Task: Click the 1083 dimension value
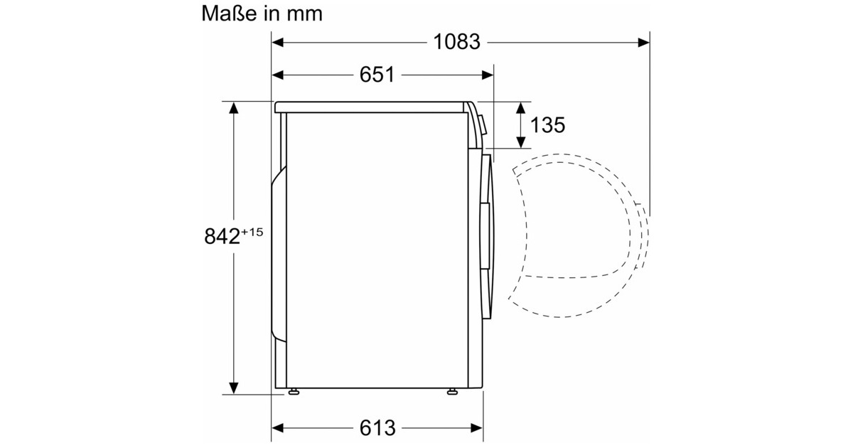457,42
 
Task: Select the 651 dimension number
376,75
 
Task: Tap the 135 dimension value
547,125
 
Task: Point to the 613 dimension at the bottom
377,428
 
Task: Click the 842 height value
222,237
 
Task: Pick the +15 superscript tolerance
252,230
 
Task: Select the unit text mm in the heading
304,14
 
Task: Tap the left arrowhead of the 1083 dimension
278,42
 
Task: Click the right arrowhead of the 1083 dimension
644,42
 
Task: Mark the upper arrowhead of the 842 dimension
233,107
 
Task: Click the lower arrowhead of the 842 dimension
233,388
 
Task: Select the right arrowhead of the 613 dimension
478,428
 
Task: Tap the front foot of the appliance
452,391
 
